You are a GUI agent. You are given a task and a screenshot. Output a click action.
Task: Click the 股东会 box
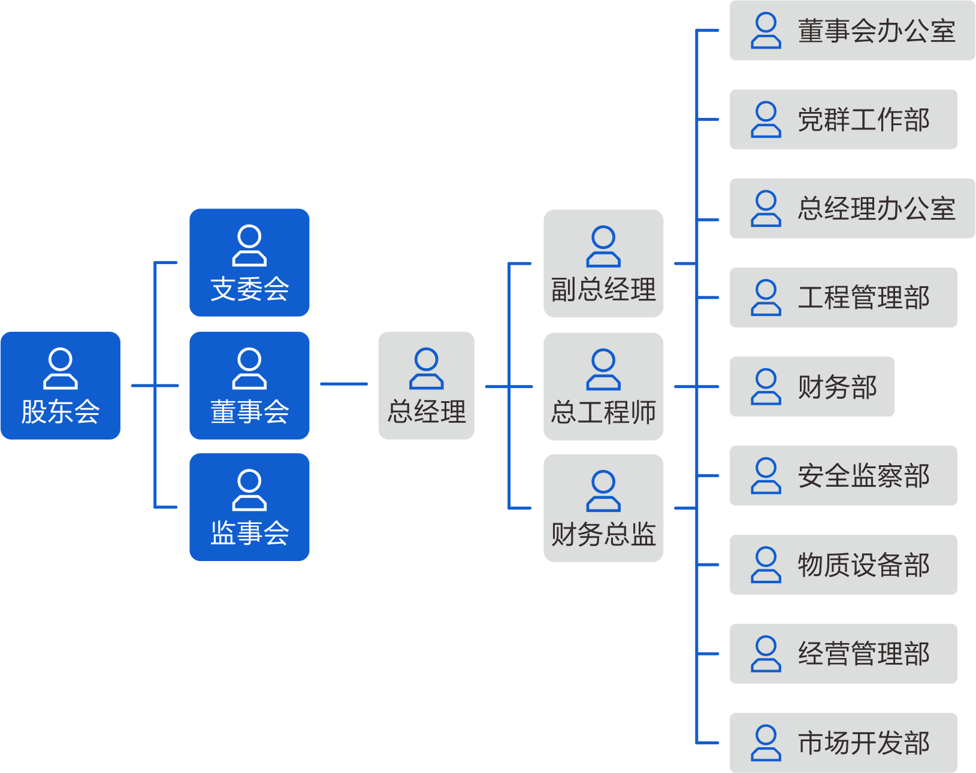point(61,386)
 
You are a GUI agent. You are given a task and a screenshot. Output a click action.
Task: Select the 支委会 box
point(249,262)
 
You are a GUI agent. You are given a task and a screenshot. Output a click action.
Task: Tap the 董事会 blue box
point(249,386)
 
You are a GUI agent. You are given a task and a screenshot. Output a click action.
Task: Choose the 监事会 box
point(249,507)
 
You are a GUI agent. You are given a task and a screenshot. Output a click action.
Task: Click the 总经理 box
point(427,386)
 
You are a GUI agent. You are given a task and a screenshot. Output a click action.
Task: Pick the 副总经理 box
point(603,263)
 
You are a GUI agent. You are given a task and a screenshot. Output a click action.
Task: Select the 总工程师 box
point(603,387)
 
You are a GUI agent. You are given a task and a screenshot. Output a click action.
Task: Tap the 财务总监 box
point(603,508)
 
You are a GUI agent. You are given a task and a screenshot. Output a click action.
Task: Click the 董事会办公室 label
point(876,31)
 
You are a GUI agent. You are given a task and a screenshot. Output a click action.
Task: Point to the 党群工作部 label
point(863,120)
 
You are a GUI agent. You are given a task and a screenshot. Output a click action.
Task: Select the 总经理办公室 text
point(876,209)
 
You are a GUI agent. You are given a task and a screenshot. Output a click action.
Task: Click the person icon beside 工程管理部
point(766,298)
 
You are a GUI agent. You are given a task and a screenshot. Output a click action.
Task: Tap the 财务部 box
point(812,387)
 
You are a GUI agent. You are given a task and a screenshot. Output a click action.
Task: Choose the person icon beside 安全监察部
point(766,476)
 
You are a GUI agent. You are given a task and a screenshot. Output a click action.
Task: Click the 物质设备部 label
point(863,565)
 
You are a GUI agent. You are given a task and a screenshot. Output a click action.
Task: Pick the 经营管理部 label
point(863,654)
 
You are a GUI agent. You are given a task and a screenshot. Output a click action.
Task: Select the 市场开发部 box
point(843,743)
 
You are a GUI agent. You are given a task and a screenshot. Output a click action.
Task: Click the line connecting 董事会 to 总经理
point(344,384)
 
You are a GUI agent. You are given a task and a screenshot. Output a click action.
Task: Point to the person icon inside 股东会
point(61,368)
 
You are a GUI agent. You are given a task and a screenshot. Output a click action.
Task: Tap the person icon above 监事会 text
point(249,490)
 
